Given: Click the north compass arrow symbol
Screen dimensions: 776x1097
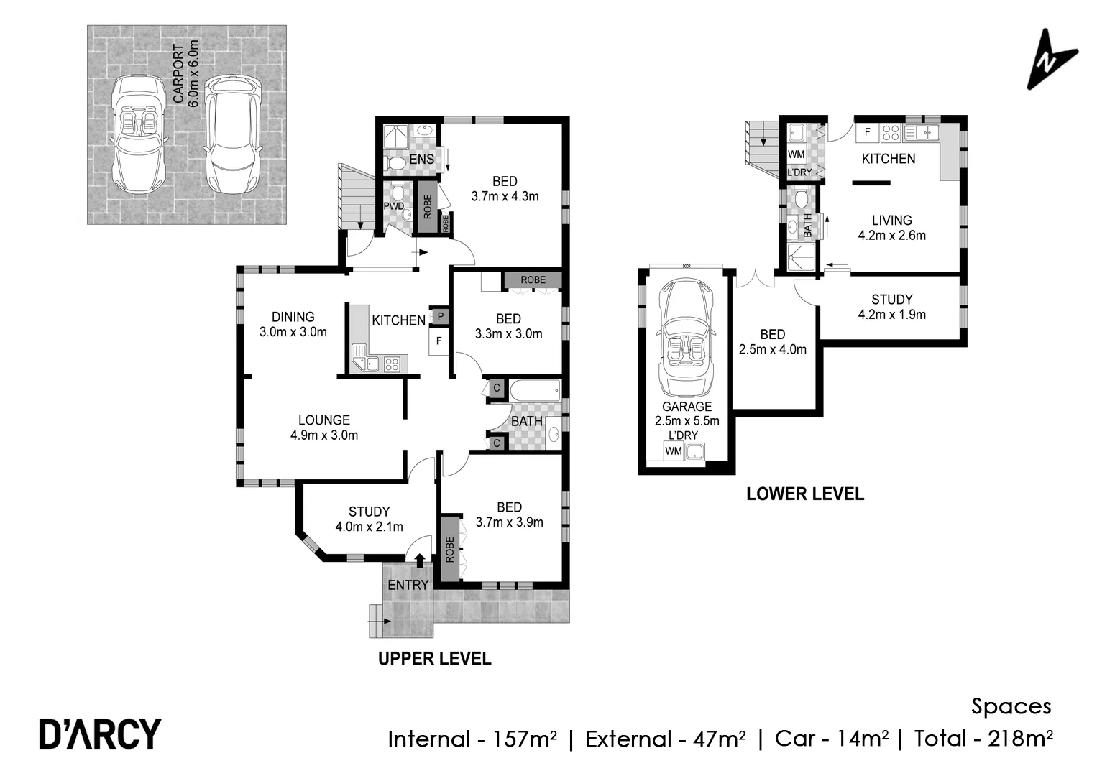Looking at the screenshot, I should (1051, 60).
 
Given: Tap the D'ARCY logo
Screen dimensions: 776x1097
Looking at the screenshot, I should (100, 734).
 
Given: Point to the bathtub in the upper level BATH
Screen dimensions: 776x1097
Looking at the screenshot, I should (535, 392).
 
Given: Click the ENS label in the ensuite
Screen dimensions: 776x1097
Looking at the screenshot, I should (421, 159).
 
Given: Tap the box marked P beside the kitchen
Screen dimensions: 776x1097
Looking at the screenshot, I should (439, 316).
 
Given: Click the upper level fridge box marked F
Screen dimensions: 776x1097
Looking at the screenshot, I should (439, 341).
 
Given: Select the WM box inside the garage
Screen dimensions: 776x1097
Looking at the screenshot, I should (674, 451).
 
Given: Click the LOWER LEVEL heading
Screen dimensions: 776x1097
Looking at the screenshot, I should (804, 494).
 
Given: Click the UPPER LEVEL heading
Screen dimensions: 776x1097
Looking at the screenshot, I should (434, 658).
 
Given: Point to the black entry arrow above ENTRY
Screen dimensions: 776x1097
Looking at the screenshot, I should (421, 560).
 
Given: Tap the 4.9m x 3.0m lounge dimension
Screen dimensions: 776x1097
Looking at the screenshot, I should (324, 435).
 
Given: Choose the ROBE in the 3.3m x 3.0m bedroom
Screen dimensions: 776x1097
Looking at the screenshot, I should (533, 280).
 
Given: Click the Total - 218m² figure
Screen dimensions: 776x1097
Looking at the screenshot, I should (983, 738).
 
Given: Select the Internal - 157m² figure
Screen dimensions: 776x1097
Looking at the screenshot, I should (472, 739).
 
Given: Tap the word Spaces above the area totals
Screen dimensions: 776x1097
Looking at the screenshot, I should (1011, 706).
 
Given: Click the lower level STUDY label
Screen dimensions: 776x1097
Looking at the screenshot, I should (891, 299).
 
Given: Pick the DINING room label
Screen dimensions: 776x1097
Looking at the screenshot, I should (293, 316).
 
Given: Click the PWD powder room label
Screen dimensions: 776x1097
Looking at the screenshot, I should (394, 206).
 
